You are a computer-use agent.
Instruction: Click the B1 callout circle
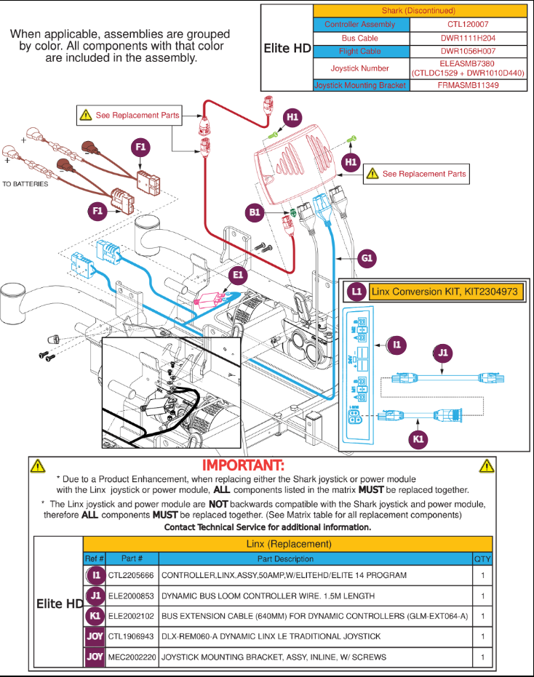(255, 212)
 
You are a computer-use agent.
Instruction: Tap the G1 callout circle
(367, 257)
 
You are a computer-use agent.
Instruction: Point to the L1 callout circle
(356, 292)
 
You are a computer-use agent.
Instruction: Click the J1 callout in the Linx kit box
(442, 354)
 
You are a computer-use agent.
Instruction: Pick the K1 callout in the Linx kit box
(418, 439)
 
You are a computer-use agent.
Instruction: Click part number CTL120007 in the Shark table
(469, 24)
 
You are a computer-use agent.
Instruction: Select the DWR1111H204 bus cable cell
(469, 38)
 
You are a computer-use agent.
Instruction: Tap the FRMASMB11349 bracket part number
(469, 85)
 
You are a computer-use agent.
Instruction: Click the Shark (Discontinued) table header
(418, 11)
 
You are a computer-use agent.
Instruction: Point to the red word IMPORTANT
(243, 465)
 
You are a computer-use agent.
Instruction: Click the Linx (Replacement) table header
(288, 544)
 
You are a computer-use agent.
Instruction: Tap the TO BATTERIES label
(25, 184)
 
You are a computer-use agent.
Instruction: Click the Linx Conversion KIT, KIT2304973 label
(444, 292)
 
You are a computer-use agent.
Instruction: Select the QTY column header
(482, 559)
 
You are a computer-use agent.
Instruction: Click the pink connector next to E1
(212, 297)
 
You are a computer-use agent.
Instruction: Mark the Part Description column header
(286, 559)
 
